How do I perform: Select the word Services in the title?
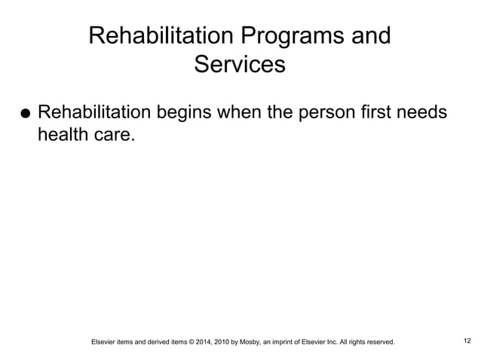[x=240, y=64]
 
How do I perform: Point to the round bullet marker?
[x=25, y=115]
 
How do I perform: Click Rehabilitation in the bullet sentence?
[x=95, y=113]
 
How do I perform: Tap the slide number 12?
[x=467, y=341]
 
